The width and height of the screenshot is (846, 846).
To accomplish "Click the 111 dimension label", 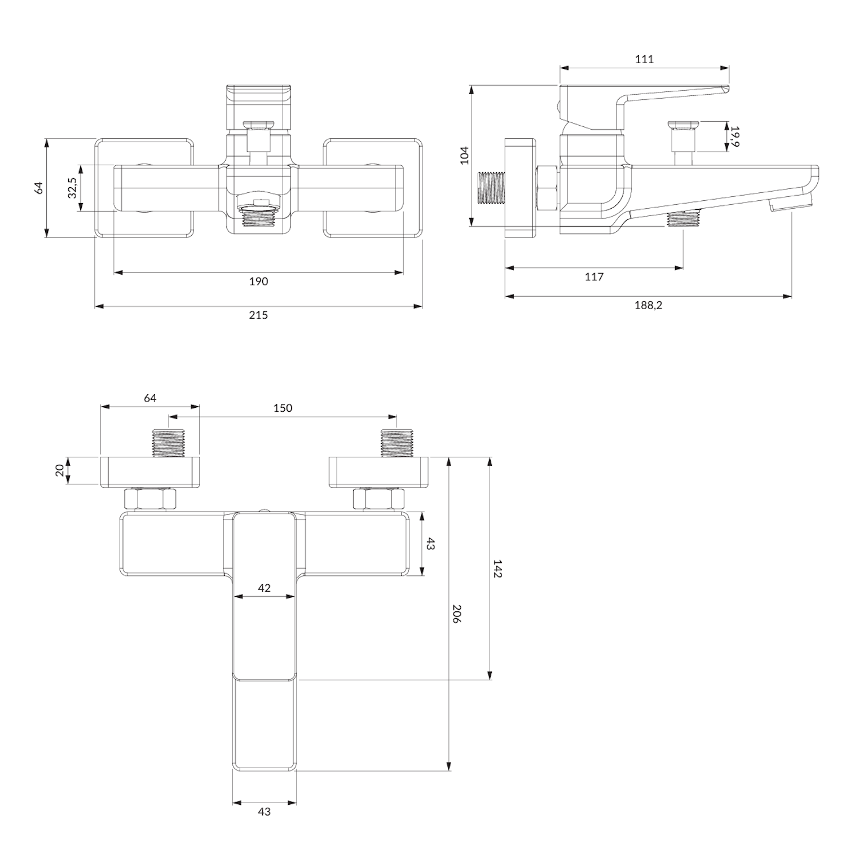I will pyautogui.click(x=644, y=59).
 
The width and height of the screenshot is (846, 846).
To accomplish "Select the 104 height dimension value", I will pyautogui.click(x=465, y=155).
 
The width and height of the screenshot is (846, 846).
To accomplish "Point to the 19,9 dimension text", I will pyautogui.click(x=734, y=136).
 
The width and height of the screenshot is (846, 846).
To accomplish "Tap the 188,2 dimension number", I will pyautogui.click(x=648, y=305).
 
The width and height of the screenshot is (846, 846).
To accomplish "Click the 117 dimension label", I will pyautogui.click(x=594, y=277).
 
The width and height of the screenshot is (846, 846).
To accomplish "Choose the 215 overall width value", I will pyautogui.click(x=258, y=315).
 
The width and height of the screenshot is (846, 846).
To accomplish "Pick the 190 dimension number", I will pyautogui.click(x=258, y=281).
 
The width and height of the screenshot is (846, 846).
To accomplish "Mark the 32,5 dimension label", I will pyautogui.click(x=72, y=188).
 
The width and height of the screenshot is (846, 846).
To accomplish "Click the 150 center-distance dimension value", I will pyautogui.click(x=283, y=408).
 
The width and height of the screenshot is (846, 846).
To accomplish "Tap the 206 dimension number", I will pyautogui.click(x=457, y=614).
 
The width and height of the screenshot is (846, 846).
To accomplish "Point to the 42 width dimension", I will pyautogui.click(x=264, y=588).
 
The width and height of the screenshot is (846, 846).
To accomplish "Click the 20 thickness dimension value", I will pyautogui.click(x=60, y=470).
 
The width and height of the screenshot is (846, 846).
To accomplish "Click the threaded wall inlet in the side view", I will pyautogui.click(x=490, y=187).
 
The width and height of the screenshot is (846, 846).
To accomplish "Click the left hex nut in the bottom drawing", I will pyautogui.click(x=150, y=499).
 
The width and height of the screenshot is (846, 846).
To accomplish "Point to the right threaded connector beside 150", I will pyautogui.click(x=396, y=443).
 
